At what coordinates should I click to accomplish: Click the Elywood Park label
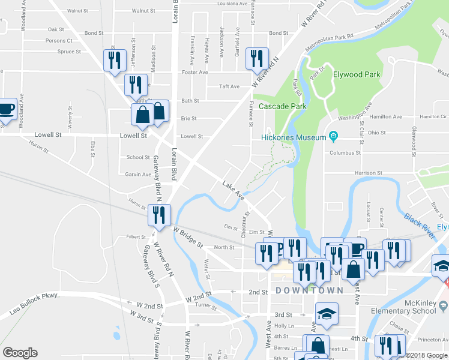[357, 75]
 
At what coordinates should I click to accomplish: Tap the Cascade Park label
[283, 106]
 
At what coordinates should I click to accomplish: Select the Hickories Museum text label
[293, 137]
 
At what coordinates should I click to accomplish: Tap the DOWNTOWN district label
[310, 290]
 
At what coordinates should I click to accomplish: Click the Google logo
[20, 353]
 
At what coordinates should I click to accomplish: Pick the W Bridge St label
[188, 238]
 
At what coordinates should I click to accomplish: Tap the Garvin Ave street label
[138, 175]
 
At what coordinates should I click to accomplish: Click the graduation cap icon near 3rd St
[327, 314]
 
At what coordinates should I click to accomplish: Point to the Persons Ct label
[59, 41]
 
